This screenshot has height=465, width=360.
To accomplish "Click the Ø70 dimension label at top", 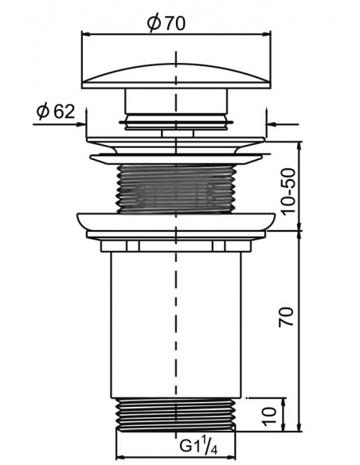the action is point(166,23).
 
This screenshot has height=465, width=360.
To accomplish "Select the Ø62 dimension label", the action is point(56,111).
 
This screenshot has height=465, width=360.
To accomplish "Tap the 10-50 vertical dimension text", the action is point(288,192).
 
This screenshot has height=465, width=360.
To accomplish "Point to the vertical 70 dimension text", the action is point(286,317).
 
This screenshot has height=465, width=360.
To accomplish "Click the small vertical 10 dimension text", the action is point(270,416).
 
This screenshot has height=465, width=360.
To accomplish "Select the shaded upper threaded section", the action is point(176,189).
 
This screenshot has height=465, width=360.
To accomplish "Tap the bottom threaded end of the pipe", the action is point(176,414).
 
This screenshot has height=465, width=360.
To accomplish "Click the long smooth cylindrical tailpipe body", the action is point(176,325).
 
